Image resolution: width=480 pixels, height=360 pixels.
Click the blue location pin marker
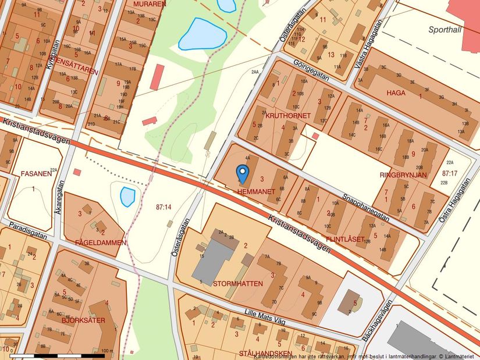[243, 173]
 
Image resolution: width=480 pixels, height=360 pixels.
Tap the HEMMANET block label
[255, 191]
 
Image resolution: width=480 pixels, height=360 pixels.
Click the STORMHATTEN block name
[238, 283]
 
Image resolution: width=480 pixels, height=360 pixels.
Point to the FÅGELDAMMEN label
[101, 243]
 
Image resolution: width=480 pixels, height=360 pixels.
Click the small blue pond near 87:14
[127, 197]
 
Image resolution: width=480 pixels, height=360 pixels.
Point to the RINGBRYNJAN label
[403, 174]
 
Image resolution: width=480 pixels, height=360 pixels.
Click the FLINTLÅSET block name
[345, 238]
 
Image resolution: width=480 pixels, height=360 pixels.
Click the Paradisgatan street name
[27, 229]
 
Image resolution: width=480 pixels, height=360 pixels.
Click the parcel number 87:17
[450, 173]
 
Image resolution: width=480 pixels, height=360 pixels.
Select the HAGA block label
[395, 92]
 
